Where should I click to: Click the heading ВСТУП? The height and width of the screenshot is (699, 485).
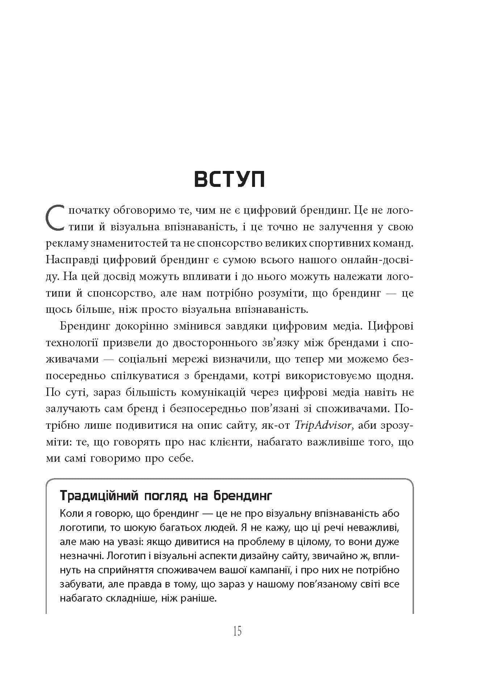pos(230,179)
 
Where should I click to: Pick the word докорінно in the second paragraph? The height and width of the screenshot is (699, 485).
pos(141,326)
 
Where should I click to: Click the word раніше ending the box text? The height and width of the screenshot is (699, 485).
pos(199,598)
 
